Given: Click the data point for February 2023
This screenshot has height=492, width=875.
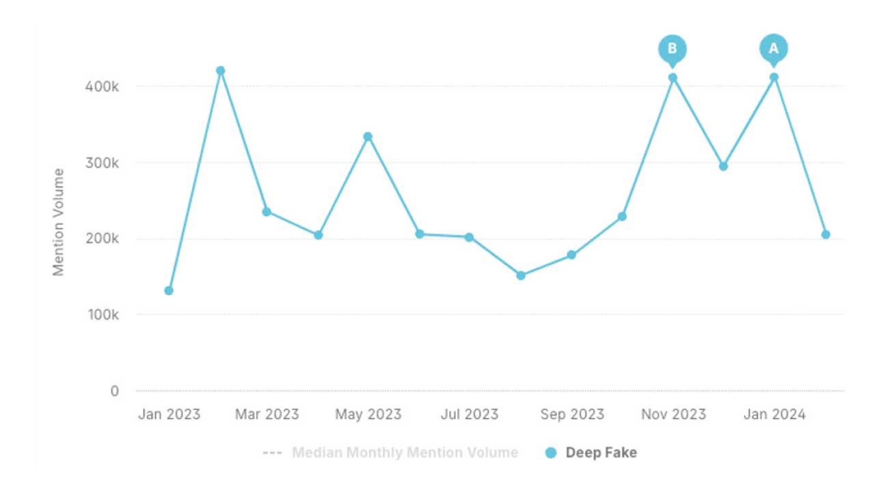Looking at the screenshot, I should (x=220, y=70).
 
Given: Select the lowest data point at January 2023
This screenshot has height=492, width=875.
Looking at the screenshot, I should (x=169, y=290).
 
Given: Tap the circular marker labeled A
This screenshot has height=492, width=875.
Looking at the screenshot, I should (x=774, y=49).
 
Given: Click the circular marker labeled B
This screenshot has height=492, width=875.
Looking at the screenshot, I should (x=672, y=49).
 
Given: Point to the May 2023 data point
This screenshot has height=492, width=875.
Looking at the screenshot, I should (x=368, y=137).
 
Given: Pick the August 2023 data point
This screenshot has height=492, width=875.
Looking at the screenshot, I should (x=521, y=275).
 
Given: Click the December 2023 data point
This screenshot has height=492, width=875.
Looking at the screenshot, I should (x=723, y=166).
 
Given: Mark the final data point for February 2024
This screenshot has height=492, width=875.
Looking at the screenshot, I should (x=826, y=234).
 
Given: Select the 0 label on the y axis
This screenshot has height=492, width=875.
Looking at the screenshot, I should (x=114, y=391).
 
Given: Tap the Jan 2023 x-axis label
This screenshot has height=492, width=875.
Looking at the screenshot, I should (x=169, y=414).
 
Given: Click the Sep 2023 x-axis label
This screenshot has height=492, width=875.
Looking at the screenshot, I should (x=571, y=414).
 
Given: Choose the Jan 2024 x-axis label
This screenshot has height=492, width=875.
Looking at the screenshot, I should (x=774, y=414).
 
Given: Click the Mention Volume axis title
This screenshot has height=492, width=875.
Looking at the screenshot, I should (x=59, y=222).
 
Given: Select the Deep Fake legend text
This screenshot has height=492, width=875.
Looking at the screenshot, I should (x=601, y=452).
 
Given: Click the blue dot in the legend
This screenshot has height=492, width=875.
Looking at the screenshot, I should (x=551, y=452).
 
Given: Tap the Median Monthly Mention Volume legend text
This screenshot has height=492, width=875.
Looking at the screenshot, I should (x=405, y=452).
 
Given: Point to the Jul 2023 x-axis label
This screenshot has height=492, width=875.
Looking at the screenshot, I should (x=470, y=414).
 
